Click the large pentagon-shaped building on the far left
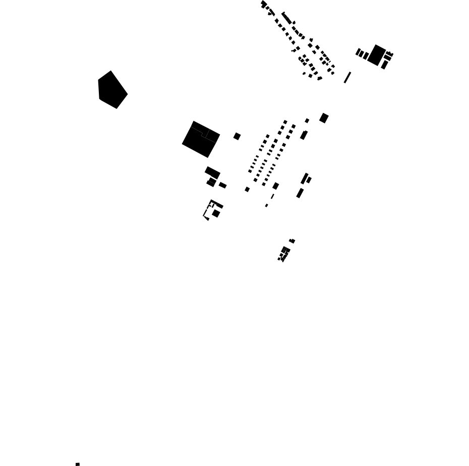click(112, 90)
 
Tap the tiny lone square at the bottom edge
click(77, 464)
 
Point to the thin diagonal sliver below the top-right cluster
click(347, 78)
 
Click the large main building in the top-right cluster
click(377, 55)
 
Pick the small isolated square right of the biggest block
click(237, 136)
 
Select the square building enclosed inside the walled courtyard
click(216, 213)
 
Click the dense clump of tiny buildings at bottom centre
click(284, 254)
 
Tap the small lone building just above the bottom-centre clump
click(292, 241)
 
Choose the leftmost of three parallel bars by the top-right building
click(358, 52)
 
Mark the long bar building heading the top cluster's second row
click(286, 18)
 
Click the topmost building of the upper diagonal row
click(264, 4)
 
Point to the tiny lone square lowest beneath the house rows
click(266, 205)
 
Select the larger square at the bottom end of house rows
click(276, 186)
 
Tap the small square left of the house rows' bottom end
click(247, 190)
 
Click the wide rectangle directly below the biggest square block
click(212, 172)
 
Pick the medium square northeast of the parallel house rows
click(324, 118)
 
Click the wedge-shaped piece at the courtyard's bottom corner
click(206, 218)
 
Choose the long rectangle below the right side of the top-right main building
click(384, 65)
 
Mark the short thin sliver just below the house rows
click(272, 196)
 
